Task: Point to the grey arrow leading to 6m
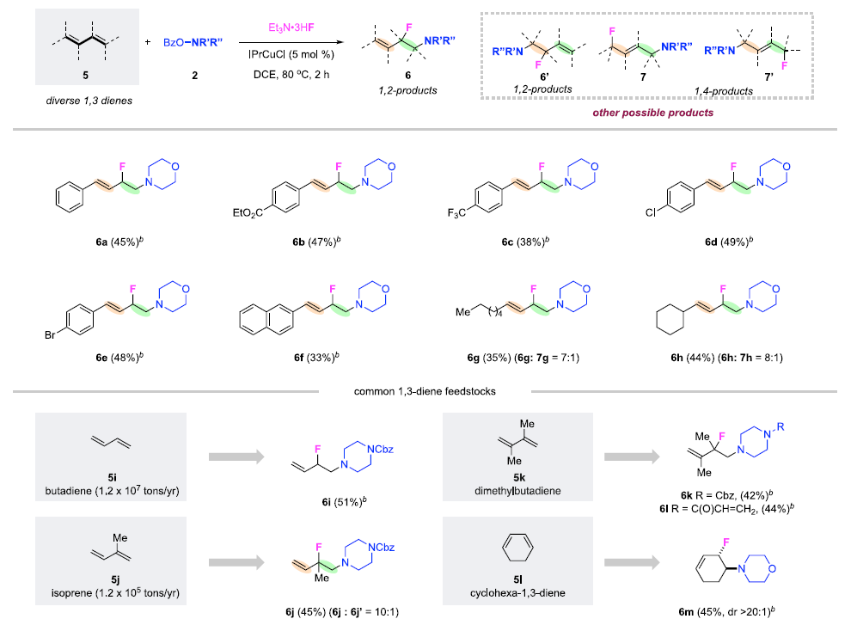tap(629, 562)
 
